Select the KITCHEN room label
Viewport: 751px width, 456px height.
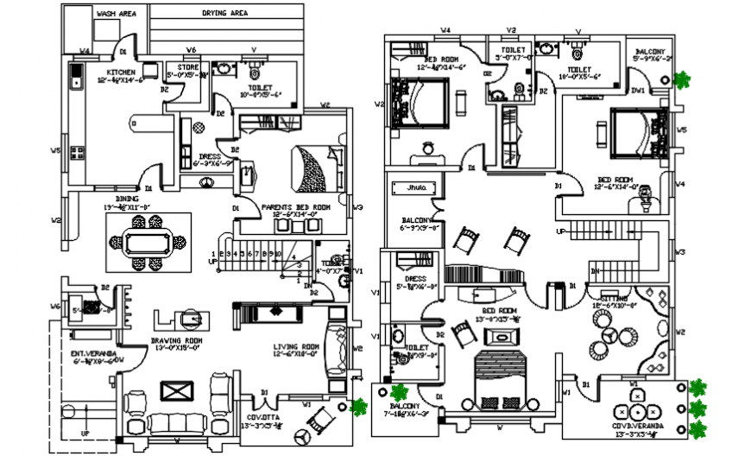(x=120, y=72)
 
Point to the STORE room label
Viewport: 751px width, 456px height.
(x=188, y=67)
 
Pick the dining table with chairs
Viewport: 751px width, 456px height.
(x=145, y=242)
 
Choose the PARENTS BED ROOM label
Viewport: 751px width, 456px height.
(x=296, y=208)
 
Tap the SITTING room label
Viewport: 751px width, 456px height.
(x=614, y=297)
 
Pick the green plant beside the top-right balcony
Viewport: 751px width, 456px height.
(x=684, y=81)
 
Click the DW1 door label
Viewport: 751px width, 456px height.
(x=638, y=90)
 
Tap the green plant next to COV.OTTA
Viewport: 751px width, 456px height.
(x=359, y=407)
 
